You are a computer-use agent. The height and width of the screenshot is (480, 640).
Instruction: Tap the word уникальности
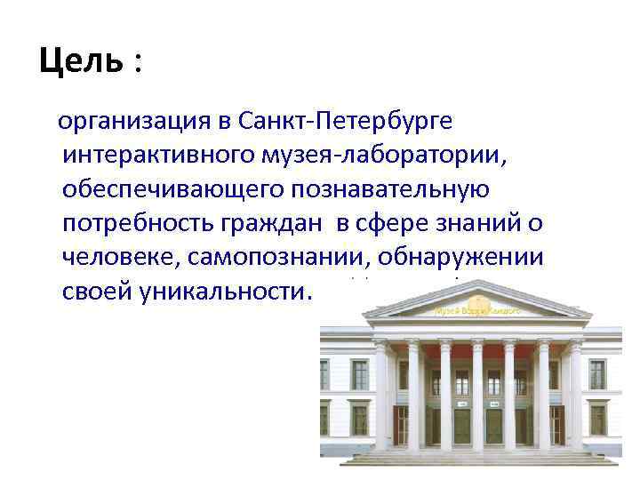(224, 292)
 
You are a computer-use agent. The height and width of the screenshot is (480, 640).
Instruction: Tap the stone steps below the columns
(476, 458)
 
